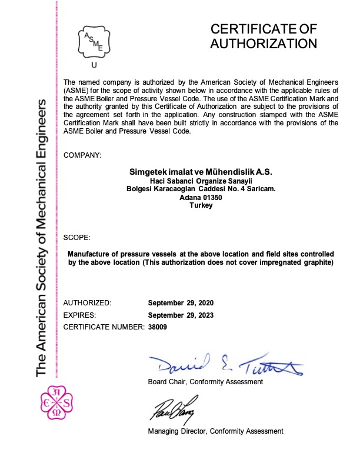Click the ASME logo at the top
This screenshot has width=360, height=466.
point(95,40)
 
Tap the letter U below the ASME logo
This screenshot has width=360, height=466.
point(95,66)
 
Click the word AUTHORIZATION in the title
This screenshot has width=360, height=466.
point(264,44)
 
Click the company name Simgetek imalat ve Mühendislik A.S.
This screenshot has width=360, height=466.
point(201,172)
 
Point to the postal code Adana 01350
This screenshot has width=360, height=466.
point(201,198)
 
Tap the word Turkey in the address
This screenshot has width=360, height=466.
point(201,206)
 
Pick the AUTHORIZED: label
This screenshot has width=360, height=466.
point(87,302)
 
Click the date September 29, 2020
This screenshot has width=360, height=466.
point(181,302)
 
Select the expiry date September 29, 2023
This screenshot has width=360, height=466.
point(181,315)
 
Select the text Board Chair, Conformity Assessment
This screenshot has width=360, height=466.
point(205,382)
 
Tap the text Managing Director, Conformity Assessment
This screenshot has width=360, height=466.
point(215,431)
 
